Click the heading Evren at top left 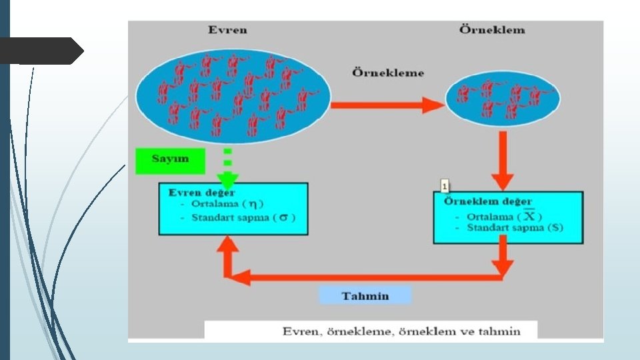coord(227,30)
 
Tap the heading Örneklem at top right coord(492,30)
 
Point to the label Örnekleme coord(388,73)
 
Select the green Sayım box coord(170,159)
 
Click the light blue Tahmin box coord(365,295)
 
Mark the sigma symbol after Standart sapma coord(283,217)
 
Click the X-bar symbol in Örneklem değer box coord(529,216)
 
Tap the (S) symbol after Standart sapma coord(553,228)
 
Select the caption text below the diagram coord(401,331)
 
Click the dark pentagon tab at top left coord(40,51)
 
